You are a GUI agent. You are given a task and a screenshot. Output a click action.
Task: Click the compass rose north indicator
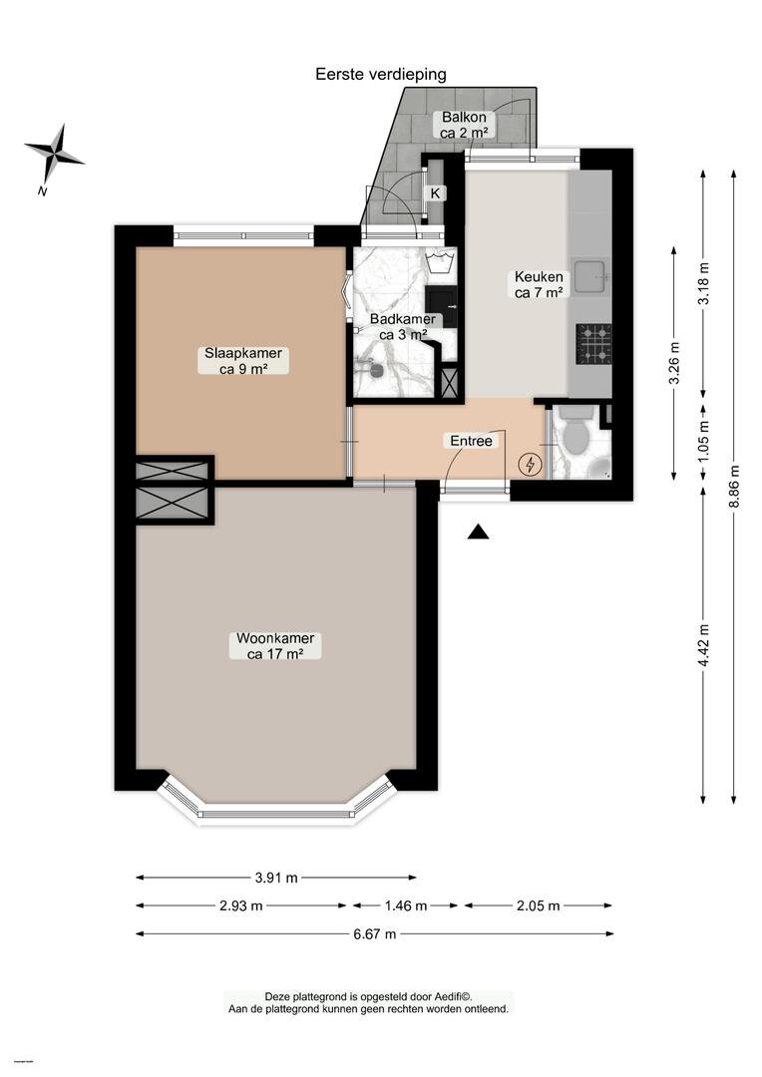click(x=53, y=155)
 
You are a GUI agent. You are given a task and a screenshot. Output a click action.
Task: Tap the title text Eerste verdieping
click(x=381, y=74)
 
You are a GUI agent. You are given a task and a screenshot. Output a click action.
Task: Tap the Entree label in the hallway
click(x=472, y=441)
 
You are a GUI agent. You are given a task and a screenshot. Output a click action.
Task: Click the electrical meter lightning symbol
click(x=530, y=465)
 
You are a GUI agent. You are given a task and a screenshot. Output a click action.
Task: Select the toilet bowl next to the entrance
click(x=575, y=433)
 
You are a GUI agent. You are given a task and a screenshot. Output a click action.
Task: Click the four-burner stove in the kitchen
click(x=593, y=343)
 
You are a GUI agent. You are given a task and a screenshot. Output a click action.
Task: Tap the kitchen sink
click(x=589, y=276)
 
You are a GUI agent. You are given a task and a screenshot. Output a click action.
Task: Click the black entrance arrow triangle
click(x=478, y=533)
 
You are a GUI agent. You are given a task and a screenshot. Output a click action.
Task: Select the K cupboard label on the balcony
click(x=435, y=193)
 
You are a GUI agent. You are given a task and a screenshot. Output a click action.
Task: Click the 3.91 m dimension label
click(x=276, y=878)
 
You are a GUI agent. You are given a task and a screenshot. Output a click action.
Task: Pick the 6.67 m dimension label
click(x=374, y=933)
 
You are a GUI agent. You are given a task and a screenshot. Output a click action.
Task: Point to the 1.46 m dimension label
click(x=406, y=905)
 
